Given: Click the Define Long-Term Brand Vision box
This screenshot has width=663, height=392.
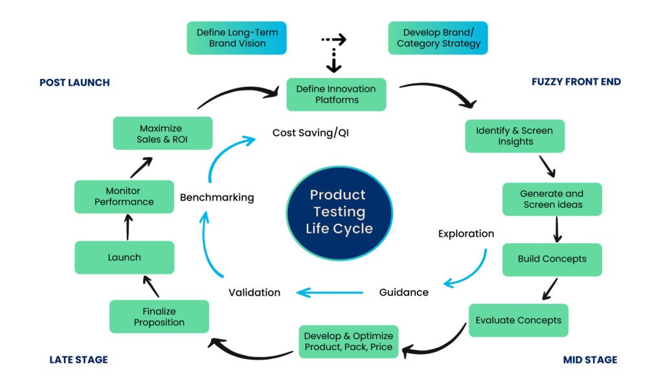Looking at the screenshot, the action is tap(237, 38).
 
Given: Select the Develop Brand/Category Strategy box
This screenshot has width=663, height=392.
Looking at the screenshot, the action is tap(438, 38).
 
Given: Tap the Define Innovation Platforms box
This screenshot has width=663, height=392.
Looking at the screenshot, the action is tap(337, 94).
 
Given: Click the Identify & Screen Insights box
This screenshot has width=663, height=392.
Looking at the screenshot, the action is tap(515, 136).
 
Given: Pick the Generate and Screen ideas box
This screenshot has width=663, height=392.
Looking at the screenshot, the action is tap(552, 199).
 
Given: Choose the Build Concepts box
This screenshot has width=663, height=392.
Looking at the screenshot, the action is tap(552, 259).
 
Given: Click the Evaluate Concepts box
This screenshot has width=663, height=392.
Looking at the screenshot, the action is tap(519, 320).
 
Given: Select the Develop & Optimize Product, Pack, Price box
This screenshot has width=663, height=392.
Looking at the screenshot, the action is tap(349, 342).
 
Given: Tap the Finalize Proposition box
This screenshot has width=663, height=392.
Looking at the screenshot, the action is tap(159, 316).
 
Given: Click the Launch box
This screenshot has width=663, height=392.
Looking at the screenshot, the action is tap(124, 257).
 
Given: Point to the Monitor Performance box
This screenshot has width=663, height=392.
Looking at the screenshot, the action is tap(124, 197).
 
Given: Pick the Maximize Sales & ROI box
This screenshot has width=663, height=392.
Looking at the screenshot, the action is tap(163, 133).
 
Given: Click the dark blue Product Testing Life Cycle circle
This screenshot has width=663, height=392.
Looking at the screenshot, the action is tap(339, 213).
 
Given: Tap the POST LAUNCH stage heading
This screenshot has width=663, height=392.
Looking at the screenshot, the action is tap(75, 82).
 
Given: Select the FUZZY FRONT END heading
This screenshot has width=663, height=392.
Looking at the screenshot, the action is tap(576, 82).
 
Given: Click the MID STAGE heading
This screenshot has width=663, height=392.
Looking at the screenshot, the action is tap(590, 360).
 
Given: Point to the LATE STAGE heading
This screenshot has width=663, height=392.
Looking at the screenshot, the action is tap(78, 360).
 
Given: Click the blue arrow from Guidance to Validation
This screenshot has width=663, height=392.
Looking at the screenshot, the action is tap(330, 292).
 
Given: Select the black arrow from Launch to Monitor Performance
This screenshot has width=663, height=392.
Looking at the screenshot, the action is tap(128, 227).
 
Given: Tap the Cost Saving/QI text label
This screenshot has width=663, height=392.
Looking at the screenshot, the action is tap(311, 133).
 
